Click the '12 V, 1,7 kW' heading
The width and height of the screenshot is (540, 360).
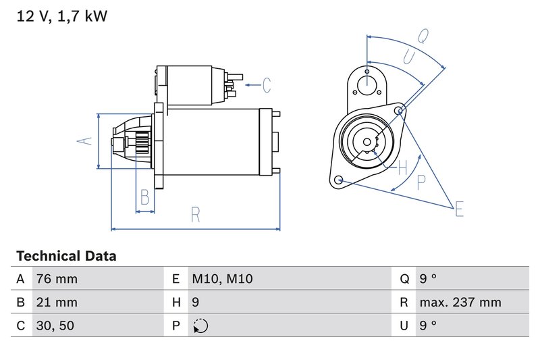pyautogui.click(x=61, y=16)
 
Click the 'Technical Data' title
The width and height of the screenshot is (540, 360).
pyautogui.click(x=66, y=256)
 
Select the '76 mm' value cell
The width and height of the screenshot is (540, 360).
pyautogui.click(x=57, y=279)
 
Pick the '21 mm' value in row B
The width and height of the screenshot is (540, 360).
pyautogui.click(x=57, y=302)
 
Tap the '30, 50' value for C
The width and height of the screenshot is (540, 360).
pyautogui.click(x=55, y=326)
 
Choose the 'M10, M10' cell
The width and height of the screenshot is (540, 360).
pyautogui.click(x=222, y=279)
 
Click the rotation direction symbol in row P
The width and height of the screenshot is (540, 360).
pyautogui.click(x=200, y=326)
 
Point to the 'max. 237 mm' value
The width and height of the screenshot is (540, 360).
pyautogui.click(x=460, y=302)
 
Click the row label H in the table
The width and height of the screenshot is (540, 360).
pyautogui.click(x=175, y=302)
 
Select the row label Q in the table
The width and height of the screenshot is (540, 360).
pyautogui.click(x=404, y=279)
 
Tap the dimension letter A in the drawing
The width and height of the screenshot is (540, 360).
pyautogui.click(x=83, y=140)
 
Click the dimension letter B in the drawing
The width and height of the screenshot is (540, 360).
pyautogui.click(x=144, y=197)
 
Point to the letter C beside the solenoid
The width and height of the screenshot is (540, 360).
pyautogui.click(x=267, y=85)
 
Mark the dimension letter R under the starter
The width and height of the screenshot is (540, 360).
pyautogui.click(x=195, y=215)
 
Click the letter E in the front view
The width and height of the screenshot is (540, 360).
pyautogui.click(x=459, y=209)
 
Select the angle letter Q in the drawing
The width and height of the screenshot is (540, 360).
pyautogui.click(x=423, y=35)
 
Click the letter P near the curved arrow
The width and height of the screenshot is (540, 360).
pyautogui.click(x=421, y=181)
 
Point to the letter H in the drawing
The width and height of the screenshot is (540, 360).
pyautogui.click(x=402, y=166)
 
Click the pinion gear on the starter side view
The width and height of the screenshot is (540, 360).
pyautogui.click(x=141, y=143)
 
